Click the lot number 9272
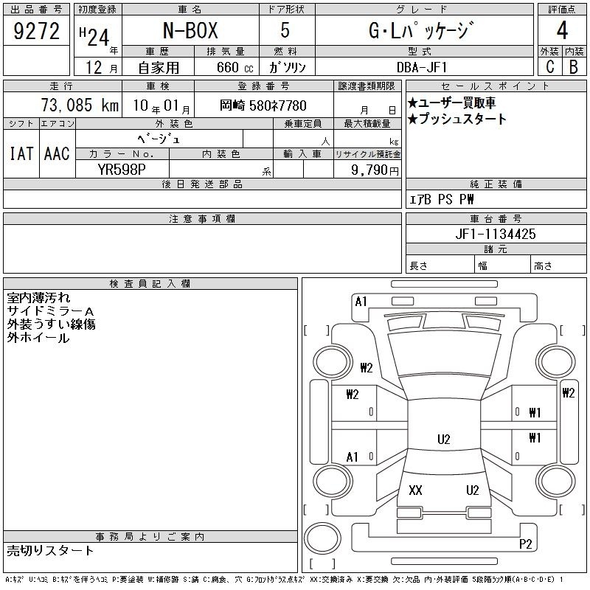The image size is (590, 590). click(x=36, y=31)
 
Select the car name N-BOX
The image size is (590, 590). click(x=190, y=30)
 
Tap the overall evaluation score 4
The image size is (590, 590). click(x=562, y=30)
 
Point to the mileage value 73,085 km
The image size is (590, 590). click(x=80, y=105)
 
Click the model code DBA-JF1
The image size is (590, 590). click(x=422, y=67)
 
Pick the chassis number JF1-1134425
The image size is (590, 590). click(x=496, y=234)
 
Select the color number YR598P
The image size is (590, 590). click(x=122, y=170)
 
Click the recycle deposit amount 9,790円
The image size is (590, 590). click(x=375, y=170)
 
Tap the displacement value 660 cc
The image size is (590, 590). click(x=235, y=67)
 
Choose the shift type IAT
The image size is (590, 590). click(x=21, y=153)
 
